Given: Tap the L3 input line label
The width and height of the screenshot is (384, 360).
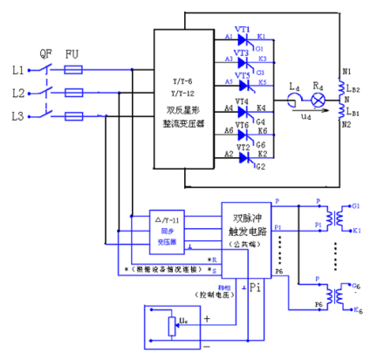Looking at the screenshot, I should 18,115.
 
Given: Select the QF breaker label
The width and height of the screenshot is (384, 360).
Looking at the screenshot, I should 46,51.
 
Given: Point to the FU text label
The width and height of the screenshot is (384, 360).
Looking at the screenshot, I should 75,51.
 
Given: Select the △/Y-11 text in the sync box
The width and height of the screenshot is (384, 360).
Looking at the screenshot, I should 167,218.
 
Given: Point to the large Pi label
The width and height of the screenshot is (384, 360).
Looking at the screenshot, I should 254,287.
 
